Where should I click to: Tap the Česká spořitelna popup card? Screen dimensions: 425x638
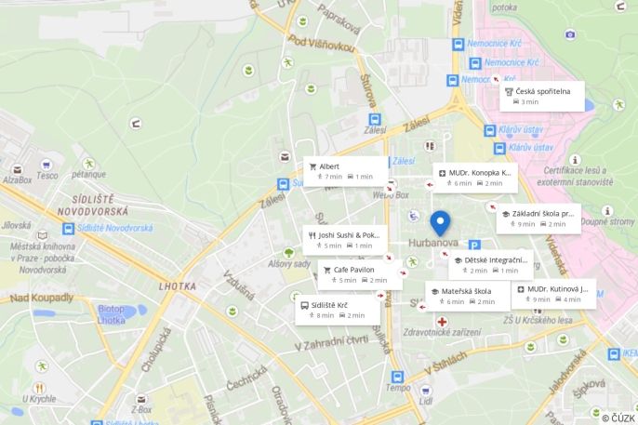[541, 96]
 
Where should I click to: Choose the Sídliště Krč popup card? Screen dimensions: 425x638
[338, 310]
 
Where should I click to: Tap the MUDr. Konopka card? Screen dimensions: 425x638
[475, 177]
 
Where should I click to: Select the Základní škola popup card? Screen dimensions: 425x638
[538, 218]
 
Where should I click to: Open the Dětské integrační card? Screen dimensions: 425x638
[490, 265]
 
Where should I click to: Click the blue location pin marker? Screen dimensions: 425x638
[440, 223]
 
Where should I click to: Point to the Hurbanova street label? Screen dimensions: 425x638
[432, 244]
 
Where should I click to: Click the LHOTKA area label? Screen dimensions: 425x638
[179, 286]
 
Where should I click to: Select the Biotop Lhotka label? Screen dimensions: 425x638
[111, 314]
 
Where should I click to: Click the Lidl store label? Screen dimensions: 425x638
[426, 402]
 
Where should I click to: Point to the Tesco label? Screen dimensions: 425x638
[47, 175]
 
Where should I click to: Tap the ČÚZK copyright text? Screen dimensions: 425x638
[618, 418]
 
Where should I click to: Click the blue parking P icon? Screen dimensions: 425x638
[474, 245]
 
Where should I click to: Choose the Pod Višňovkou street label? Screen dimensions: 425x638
[321, 44]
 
